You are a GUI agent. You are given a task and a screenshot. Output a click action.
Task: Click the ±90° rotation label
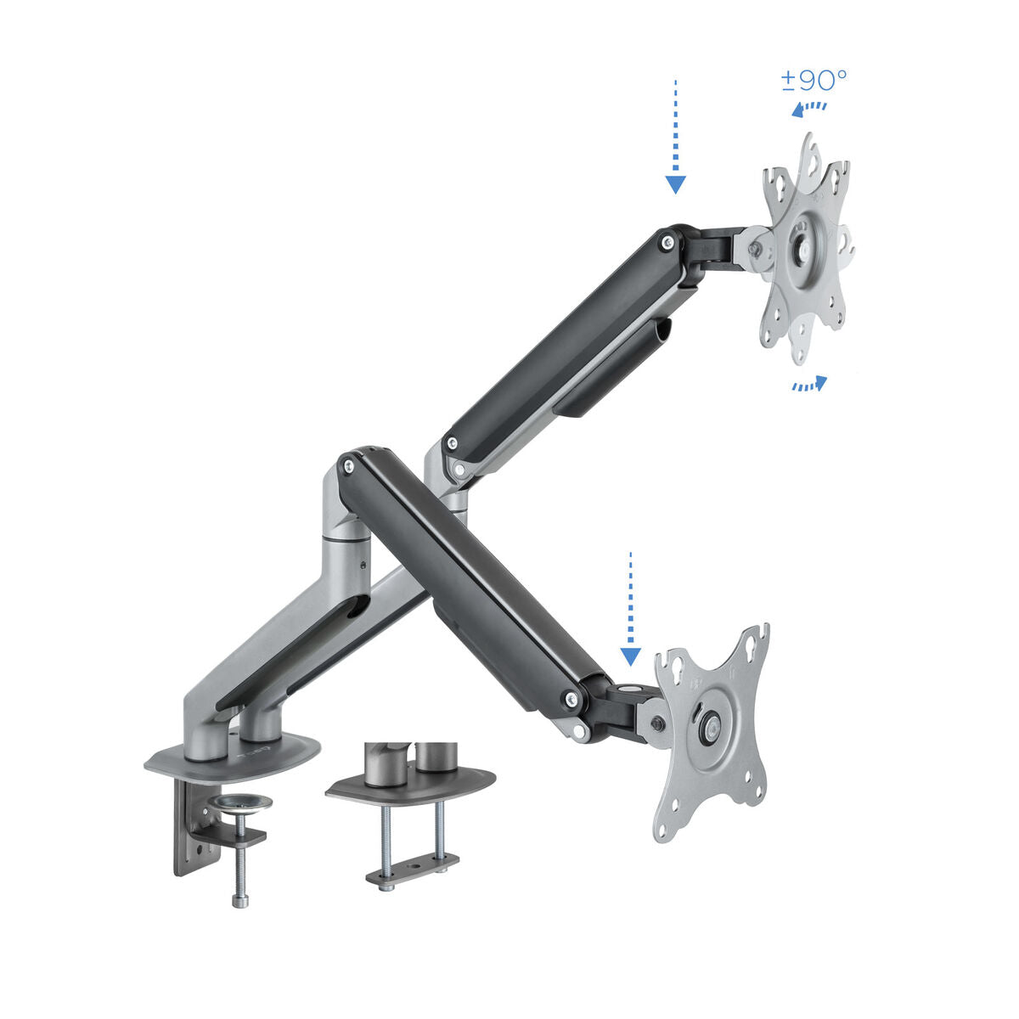[814, 81]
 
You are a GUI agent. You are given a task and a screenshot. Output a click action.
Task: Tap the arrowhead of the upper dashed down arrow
[675, 184]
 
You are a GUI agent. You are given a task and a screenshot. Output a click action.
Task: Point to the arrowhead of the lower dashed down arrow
[630, 656]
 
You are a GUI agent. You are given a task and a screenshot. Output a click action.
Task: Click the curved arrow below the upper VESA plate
[808, 385]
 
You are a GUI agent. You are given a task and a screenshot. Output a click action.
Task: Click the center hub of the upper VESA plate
[802, 242]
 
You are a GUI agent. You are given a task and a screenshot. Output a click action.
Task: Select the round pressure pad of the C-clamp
[240, 802]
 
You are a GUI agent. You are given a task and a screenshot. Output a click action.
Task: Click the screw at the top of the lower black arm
[346, 463]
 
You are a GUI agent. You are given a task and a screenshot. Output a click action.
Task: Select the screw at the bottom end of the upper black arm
[452, 442]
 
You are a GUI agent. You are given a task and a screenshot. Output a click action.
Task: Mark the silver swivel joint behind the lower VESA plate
[657, 724]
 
